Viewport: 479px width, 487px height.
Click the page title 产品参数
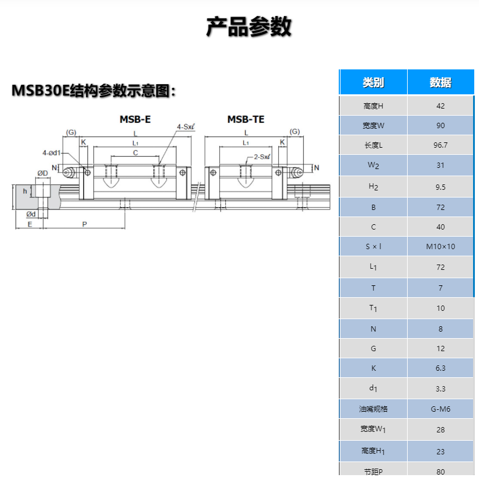[248, 27]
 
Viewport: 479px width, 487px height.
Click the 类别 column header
[373, 82]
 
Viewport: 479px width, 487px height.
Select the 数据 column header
[440, 82]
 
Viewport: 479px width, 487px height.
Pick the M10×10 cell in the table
[440, 246]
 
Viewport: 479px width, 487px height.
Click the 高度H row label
[373, 106]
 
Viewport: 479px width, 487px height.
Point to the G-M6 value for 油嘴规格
[440, 409]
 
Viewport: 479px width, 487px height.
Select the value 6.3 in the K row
[440, 368]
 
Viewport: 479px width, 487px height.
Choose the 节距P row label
[373, 472]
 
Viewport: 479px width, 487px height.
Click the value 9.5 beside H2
[440, 186]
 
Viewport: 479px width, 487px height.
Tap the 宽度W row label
[373, 126]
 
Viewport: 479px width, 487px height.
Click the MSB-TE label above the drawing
[245, 119]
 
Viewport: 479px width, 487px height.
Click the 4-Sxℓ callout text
[186, 127]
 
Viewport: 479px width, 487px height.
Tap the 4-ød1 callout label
[52, 152]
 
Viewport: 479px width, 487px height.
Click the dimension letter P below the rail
[84, 224]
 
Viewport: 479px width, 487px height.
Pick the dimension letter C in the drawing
[135, 152]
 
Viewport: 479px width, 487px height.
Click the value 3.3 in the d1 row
[440, 389]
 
